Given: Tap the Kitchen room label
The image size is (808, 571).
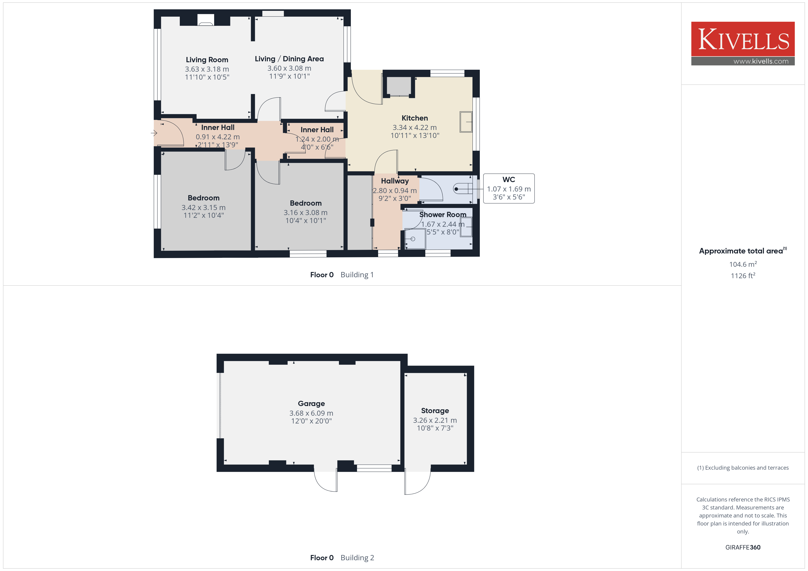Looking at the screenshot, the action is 415,118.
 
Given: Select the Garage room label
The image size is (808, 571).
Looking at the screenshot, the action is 311,404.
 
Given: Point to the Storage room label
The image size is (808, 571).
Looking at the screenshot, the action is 435,411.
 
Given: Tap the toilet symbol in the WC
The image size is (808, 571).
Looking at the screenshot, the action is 463,189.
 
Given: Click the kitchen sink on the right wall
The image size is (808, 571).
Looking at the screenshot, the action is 466,122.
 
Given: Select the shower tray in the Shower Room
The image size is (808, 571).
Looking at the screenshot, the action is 415,239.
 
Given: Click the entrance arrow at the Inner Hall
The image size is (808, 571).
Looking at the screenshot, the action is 154,133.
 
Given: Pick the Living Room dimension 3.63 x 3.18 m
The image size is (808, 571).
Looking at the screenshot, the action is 207,69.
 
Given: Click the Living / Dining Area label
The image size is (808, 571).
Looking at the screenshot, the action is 289,59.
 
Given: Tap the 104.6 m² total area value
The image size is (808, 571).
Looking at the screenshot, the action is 743,264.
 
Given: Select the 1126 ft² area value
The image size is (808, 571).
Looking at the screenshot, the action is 743,276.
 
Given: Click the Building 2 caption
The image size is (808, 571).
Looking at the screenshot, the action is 357,558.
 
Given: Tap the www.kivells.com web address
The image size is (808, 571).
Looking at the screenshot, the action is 761,61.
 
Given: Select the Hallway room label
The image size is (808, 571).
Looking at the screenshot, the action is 395,181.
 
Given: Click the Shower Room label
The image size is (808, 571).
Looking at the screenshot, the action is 443,215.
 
